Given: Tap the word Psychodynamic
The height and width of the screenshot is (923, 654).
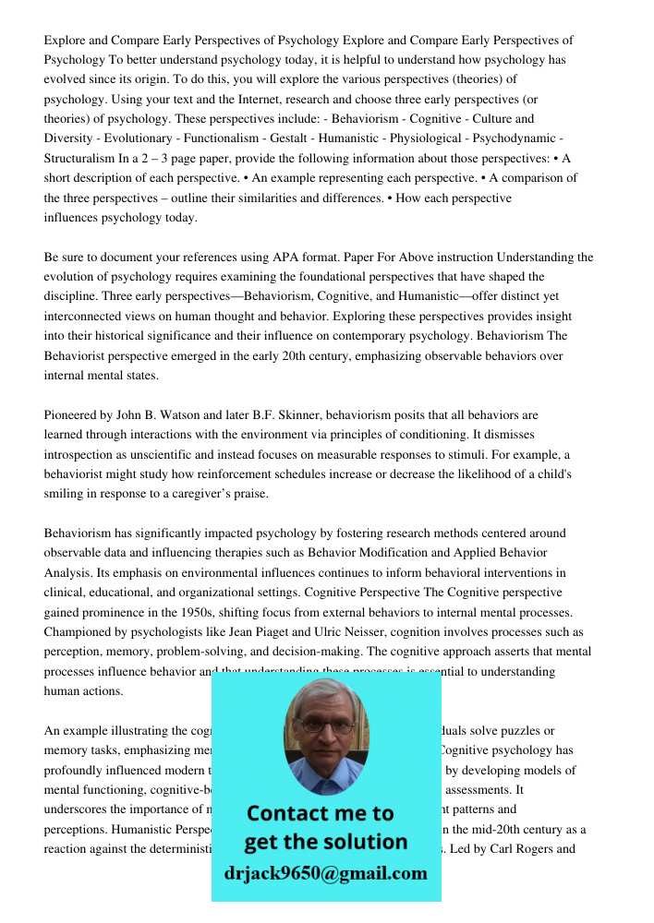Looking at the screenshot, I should (521, 138).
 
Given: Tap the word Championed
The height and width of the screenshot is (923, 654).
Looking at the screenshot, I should (79, 632).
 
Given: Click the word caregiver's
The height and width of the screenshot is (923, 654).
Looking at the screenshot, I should (235, 494).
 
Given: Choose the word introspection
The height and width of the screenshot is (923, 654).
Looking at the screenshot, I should (82, 454).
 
